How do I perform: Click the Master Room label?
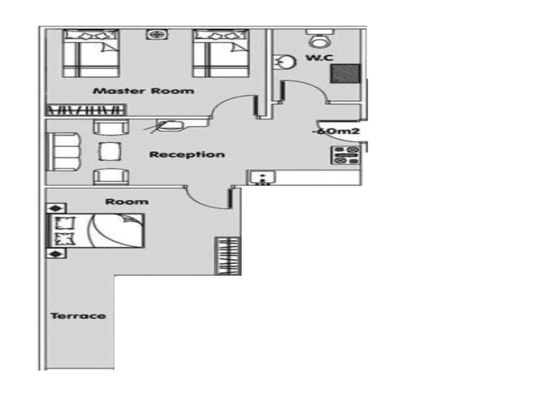click(144, 91)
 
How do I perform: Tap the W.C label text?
click(319, 58)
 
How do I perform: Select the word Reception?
click(187, 154)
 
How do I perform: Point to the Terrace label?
click(78, 316)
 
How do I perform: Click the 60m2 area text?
click(337, 131)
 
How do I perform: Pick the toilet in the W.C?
click(320, 39)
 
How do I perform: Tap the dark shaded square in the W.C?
click(346, 73)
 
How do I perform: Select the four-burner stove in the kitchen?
click(346, 155)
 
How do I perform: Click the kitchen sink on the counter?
click(262, 177)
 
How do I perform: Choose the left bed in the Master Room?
click(91, 54)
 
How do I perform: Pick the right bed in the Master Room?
click(221, 54)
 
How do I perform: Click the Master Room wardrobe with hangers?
click(86, 110)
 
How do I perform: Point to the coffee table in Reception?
click(110, 152)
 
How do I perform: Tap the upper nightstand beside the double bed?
click(56, 208)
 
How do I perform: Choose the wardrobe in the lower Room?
click(228, 256)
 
